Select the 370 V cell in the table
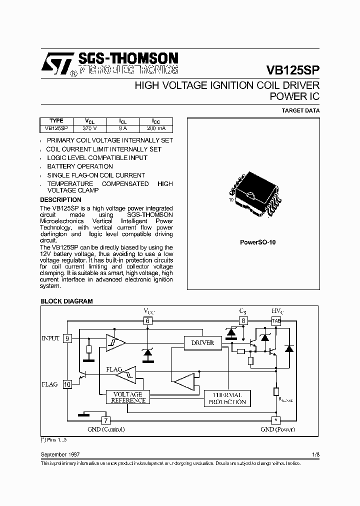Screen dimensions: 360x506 point(89,128)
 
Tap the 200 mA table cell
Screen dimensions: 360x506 point(156,128)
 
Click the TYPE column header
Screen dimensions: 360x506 point(56,121)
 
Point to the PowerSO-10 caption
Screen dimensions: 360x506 point(257,242)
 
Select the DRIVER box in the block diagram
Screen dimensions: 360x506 point(202,343)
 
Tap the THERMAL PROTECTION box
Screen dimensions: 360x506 point(228,398)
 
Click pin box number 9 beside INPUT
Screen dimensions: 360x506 point(67,338)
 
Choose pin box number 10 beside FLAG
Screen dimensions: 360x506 point(67,384)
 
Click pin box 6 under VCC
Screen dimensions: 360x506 point(148,321)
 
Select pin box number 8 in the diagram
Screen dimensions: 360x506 point(243,321)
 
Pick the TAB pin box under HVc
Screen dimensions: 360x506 point(276,321)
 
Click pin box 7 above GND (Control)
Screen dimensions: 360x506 point(105,420)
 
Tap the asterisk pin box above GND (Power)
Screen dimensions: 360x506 point(275,420)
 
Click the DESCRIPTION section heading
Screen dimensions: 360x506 point(60,199)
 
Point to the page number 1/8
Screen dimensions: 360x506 point(315,454)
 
